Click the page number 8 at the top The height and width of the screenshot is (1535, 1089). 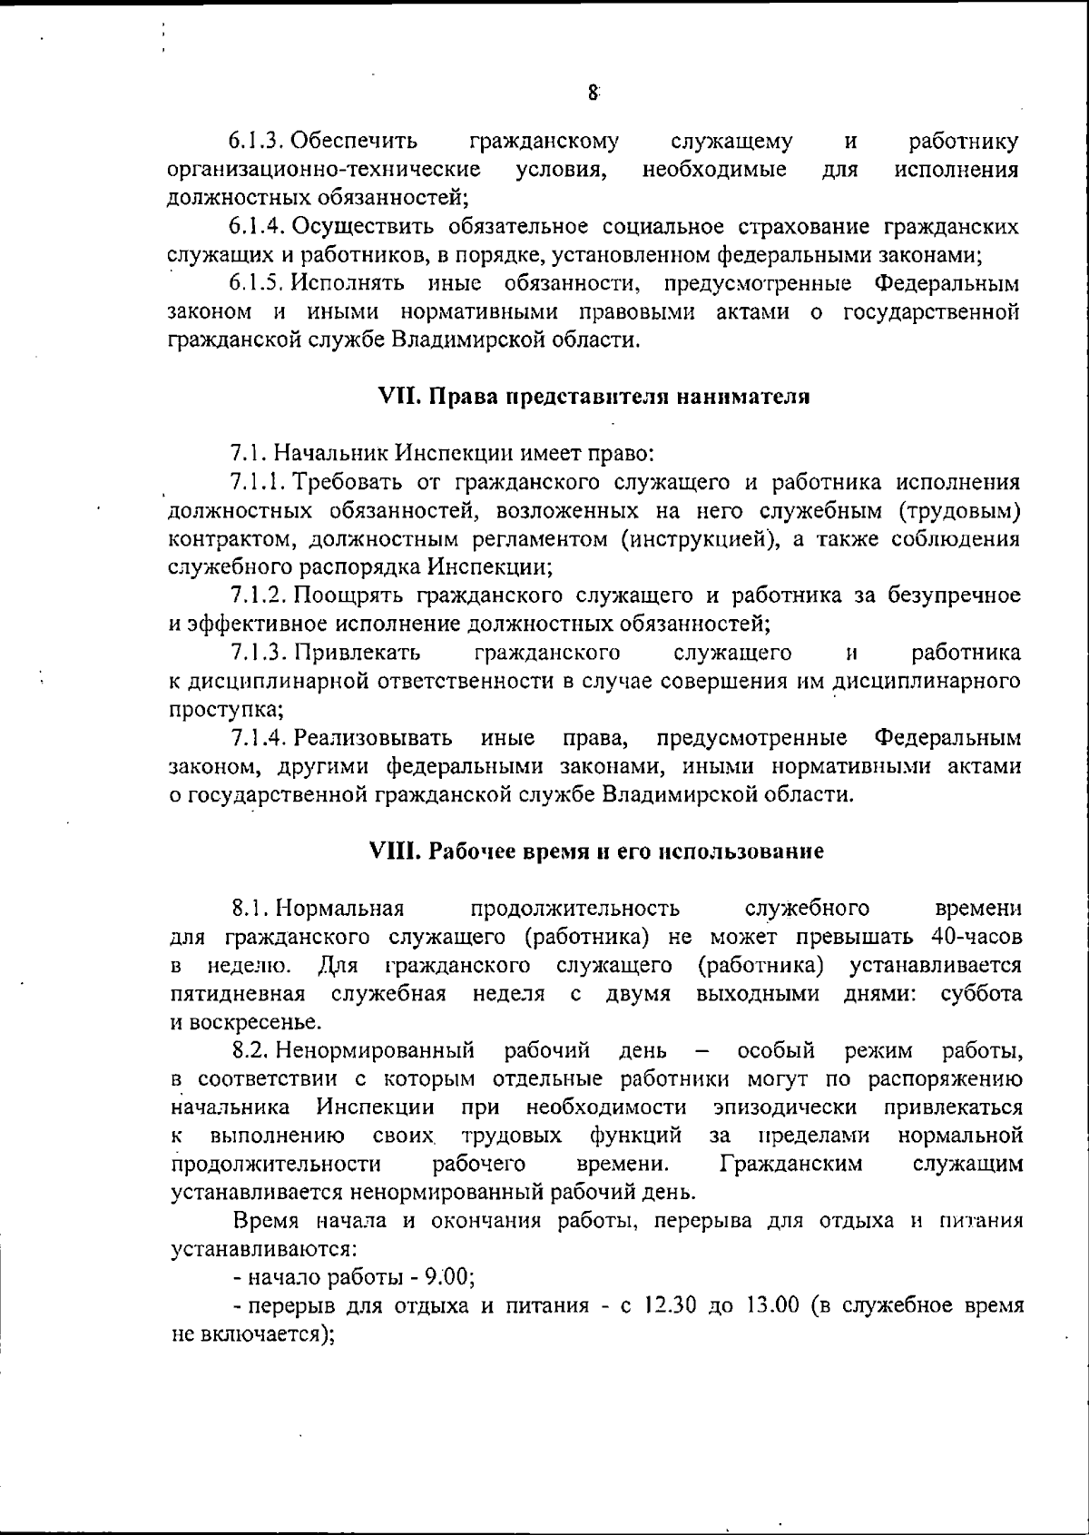click(593, 92)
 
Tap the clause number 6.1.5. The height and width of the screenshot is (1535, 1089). click(259, 283)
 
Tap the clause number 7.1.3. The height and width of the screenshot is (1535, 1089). click(260, 653)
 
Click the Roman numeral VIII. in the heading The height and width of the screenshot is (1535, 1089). click(395, 851)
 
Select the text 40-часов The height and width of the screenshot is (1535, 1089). click(976, 936)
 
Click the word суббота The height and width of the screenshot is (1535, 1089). click(981, 993)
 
